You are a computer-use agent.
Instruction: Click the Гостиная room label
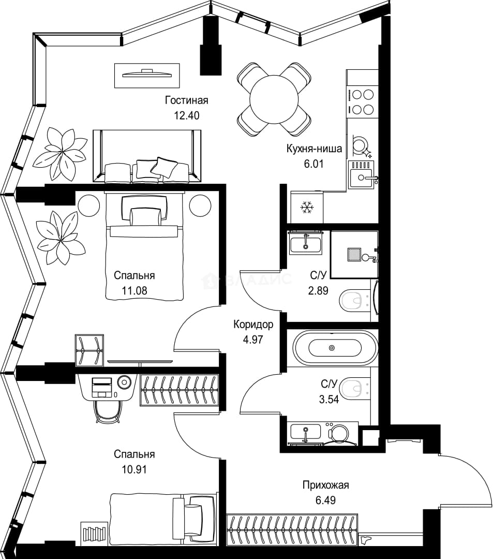pyautogui.click(x=186, y=100)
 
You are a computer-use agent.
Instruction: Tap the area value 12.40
pyautogui.click(x=186, y=115)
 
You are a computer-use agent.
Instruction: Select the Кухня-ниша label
pyautogui.click(x=314, y=149)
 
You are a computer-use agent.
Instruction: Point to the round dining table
pyautogui.click(x=274, y=99)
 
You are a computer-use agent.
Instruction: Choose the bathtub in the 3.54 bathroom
pyautogui.click(x=335, y=348)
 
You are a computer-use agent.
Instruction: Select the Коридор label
pyautogui.click(x=253, y=325)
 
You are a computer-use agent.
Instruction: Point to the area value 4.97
pyautogui.click(x=253, y=340)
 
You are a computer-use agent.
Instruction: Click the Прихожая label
pyautogui.click(x=325, y=485)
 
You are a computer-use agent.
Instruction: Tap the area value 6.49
pyautogui.click(x=325, y=500)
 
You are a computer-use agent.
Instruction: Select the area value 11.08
pyautogui.click(x=135, y=290)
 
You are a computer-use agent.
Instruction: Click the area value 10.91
pyautogui.click(x=135, y=469)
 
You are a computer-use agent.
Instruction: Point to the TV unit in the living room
pyautogui.click(x=147, y=75)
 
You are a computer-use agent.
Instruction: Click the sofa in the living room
pyautogui.click(x=147, y=156)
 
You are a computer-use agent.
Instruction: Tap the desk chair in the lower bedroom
pyautogui.click(x=108, y=411)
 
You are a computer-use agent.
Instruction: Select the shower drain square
pyautogui.click(x=354, y=254)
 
